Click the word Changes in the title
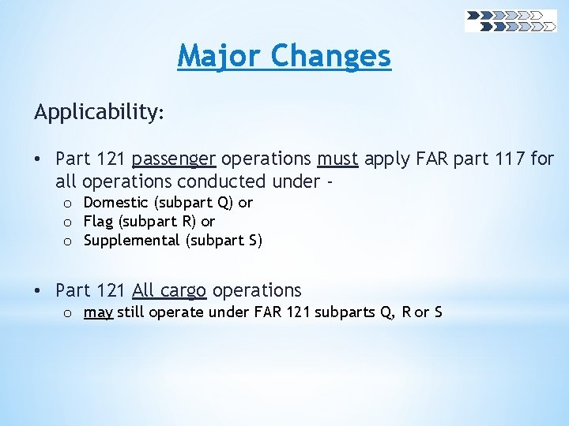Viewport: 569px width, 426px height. click(x=330, y=56)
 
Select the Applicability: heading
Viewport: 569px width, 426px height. click(x=99, y=112)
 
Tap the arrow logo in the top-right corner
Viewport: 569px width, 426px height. click(x=511, y=21)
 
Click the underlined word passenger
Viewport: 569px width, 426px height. click(x=174, y=159)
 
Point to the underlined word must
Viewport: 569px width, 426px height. click(x=338, y=159)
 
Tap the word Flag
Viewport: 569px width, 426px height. click(x=99, y=222)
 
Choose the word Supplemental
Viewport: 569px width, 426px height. click(x=132, y=241)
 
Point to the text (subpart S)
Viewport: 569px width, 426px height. click(x=224, y=241)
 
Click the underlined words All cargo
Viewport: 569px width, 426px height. click(x=169, y=290)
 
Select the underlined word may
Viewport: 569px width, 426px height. click(x=98, y=312)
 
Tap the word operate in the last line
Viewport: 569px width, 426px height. click(x=173, y=312)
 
